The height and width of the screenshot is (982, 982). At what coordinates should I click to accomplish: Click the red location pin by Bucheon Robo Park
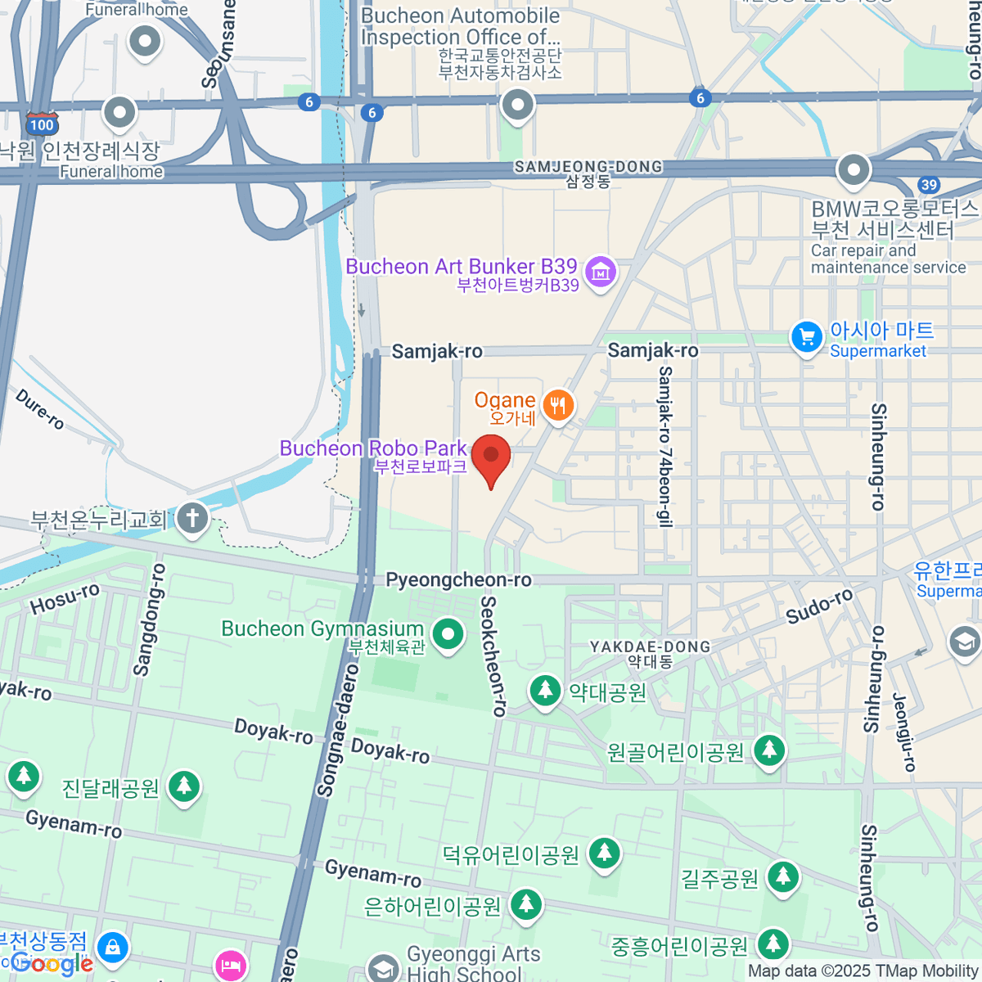491,458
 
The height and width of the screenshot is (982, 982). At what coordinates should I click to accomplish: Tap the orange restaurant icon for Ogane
558,405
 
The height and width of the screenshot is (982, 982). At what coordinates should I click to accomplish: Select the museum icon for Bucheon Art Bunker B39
601,272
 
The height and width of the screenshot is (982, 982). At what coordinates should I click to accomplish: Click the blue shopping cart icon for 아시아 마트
807,337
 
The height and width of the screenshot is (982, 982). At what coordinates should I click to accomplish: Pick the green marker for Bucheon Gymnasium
448,634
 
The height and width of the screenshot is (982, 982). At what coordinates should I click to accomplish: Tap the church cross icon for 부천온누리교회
193,518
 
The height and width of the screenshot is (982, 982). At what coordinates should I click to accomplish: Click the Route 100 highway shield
41,124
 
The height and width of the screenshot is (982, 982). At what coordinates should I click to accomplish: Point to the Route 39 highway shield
928,185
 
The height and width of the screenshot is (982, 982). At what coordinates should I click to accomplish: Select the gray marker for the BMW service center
854,170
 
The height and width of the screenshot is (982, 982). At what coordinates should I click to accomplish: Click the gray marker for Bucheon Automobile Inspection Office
517,105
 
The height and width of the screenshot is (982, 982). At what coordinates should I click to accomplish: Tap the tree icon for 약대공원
544,691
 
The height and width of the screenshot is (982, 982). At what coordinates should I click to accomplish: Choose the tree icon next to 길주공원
783,877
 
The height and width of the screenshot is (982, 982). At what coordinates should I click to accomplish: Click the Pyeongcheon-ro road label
458,580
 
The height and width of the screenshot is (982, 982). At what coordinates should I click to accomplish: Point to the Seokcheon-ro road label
493,656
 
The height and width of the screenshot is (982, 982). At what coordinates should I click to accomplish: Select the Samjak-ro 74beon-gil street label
665,447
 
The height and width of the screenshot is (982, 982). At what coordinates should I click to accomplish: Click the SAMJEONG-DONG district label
588,167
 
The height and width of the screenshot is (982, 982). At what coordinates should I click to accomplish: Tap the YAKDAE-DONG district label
650,646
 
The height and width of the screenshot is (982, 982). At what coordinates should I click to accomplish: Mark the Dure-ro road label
40,408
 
